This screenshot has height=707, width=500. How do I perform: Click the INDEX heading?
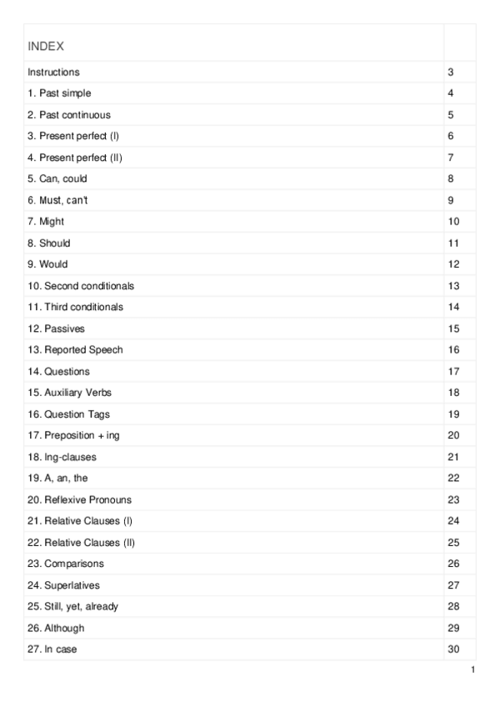[x=46, y=46]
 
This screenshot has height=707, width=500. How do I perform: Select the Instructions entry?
[x=54, y=73]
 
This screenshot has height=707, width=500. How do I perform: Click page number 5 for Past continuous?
[x=450, y=115]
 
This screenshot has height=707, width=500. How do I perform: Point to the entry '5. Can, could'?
[x=57, y=178]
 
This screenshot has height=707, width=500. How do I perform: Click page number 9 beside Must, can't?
[x=450, y=200]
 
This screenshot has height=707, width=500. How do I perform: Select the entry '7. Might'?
[x=46, y=222]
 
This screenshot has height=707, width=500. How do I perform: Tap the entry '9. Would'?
[x=48, y=264]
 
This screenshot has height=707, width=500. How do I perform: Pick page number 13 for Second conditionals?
[x=453, y=286]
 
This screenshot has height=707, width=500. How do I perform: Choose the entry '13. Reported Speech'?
[x=75, y=350]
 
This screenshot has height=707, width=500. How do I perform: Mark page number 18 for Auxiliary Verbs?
[x=453, y=393]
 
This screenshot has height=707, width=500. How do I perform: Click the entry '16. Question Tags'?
[x=68, y=414]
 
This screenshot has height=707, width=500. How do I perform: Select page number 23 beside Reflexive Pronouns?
[x=453, y=499]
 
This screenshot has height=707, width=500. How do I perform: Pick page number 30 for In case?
[x=453, y=649]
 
